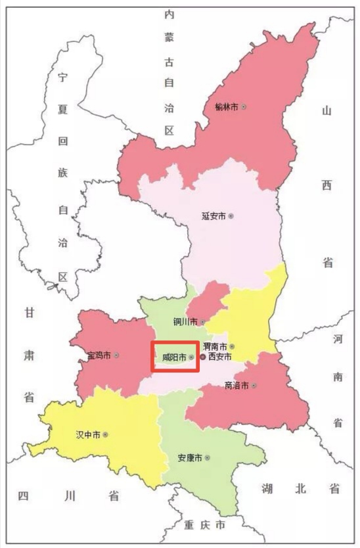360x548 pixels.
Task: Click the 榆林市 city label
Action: click(x=226, y=106)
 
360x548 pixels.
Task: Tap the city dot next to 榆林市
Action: click(x=244, y=106)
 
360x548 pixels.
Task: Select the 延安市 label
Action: click(x=214, y=216)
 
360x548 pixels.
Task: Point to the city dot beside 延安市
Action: click(x=231, y=216)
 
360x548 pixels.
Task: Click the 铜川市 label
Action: click(x=185, y=321)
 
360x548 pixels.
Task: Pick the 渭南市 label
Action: click(x=215, y=346)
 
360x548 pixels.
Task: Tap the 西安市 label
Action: click(x=219, y=357)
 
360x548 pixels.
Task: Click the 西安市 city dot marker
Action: click(x=203, y=357)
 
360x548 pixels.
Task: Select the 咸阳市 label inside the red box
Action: click(x=174, y=357)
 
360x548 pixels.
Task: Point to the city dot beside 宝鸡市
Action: click(x=116, y=355)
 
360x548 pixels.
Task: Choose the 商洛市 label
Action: click(x=236, y=385)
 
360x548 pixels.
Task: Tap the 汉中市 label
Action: click(x=88, y=434)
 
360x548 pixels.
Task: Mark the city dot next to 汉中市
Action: click(x=105, y=434)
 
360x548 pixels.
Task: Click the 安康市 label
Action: click(x=190, y=457)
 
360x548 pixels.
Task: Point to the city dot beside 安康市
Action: click(x=207, y=457)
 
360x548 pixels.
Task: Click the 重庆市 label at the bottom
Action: click(x=204, y=526)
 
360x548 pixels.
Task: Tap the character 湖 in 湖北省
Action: click(x=267, y=488)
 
